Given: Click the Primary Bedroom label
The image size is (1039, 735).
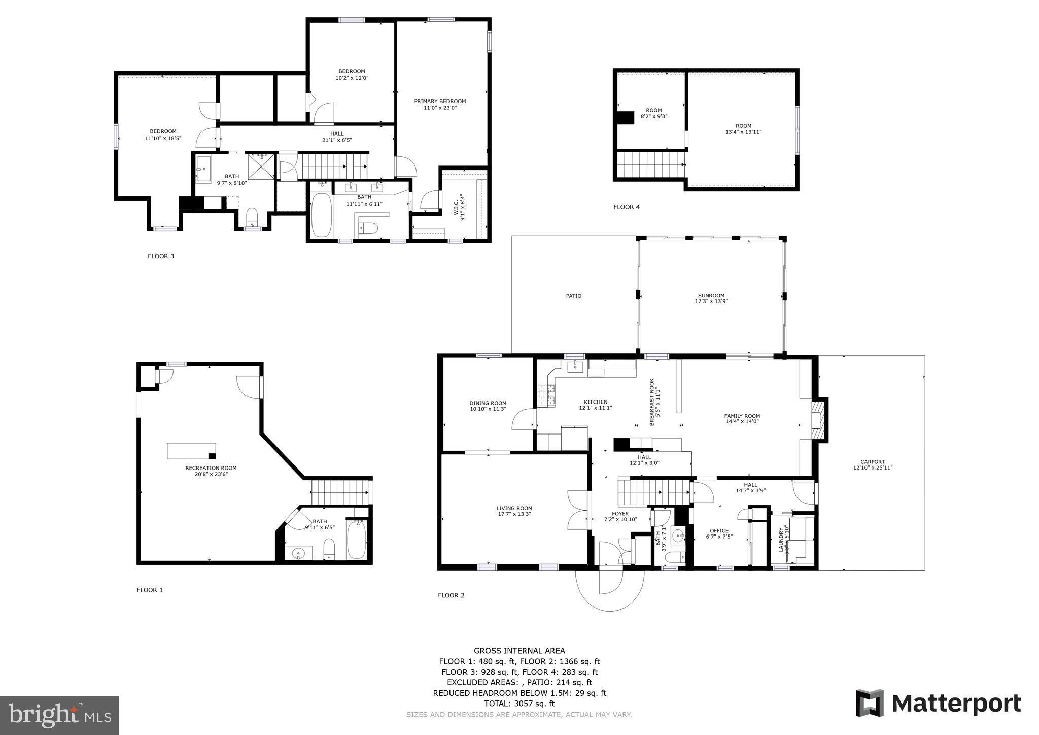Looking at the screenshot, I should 440,101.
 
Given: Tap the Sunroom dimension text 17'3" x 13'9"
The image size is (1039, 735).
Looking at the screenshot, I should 711,302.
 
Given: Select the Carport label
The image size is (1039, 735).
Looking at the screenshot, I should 873,462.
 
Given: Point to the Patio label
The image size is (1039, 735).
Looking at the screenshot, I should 574,296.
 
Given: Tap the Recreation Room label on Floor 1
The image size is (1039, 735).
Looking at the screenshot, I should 211,468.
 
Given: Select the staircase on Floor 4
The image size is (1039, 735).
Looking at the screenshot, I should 649,164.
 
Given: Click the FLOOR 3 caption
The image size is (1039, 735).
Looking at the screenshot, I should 161,256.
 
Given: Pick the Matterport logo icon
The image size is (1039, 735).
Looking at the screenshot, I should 870,703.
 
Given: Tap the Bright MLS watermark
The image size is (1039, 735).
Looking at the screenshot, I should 60,715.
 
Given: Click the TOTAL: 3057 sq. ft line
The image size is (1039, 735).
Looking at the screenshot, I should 519,704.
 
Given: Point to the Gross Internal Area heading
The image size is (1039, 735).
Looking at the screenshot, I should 519,651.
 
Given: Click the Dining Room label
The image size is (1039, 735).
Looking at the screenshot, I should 488,403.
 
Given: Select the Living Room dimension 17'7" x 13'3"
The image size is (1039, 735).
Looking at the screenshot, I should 514,514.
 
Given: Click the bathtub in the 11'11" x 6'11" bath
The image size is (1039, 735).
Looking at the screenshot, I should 321,215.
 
